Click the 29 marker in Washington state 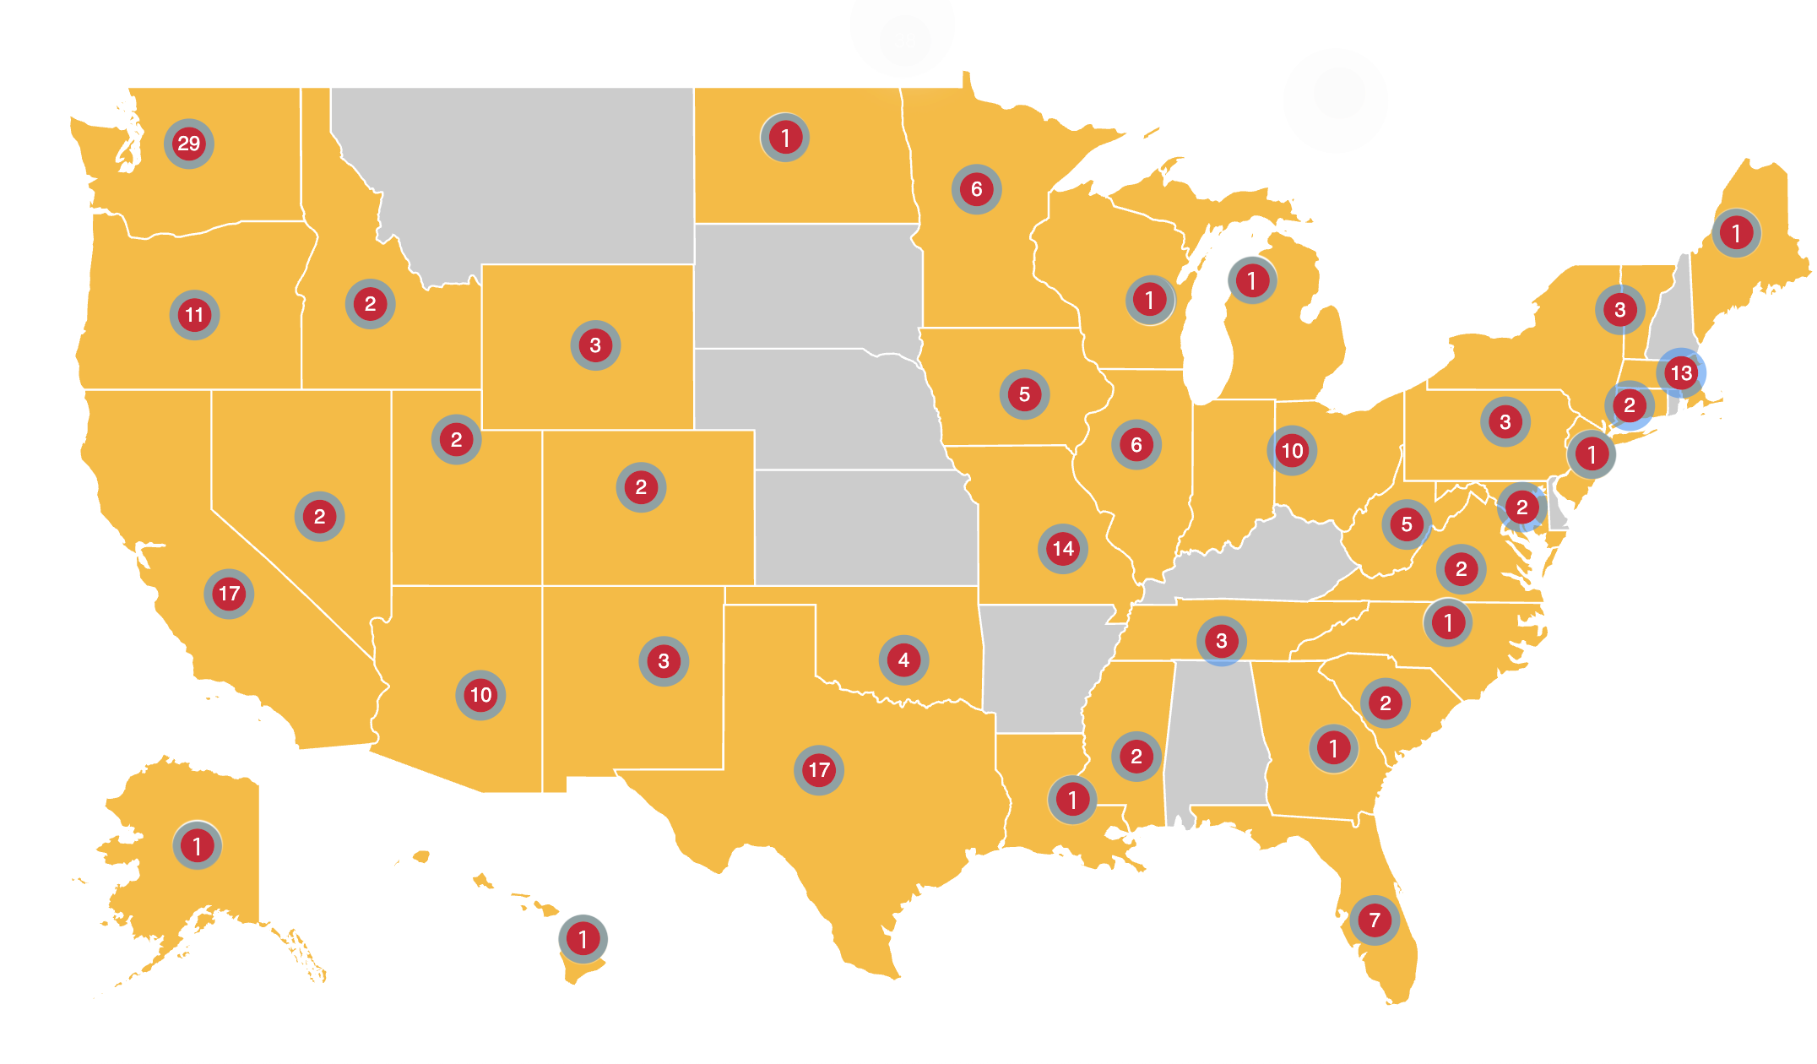[188, 144]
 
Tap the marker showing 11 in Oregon [194, 315]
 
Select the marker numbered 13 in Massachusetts [1680, 372]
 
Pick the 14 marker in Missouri [1062, 549]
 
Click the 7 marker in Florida [1375, 920]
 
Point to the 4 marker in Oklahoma [903, 660]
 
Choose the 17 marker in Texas [818, 769]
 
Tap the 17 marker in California [229, 594]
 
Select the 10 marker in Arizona [480, 695]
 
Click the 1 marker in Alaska [197, 845]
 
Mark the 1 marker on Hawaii [583, 938]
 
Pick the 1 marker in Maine [1736, 232]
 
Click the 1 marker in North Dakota [784, 138]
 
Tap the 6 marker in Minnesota [976, 189]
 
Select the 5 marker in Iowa [1024, 394]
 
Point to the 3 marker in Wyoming [595, 345]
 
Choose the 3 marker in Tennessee [1221, 641]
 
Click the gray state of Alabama [1216, 735]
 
